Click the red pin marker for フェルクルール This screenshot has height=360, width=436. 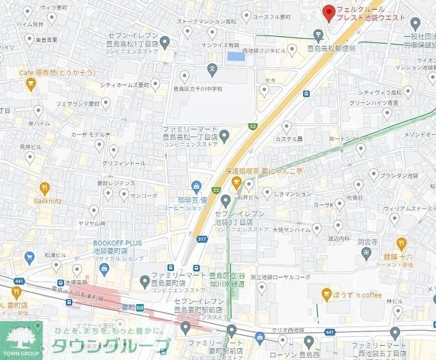(x=328, y=12)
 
